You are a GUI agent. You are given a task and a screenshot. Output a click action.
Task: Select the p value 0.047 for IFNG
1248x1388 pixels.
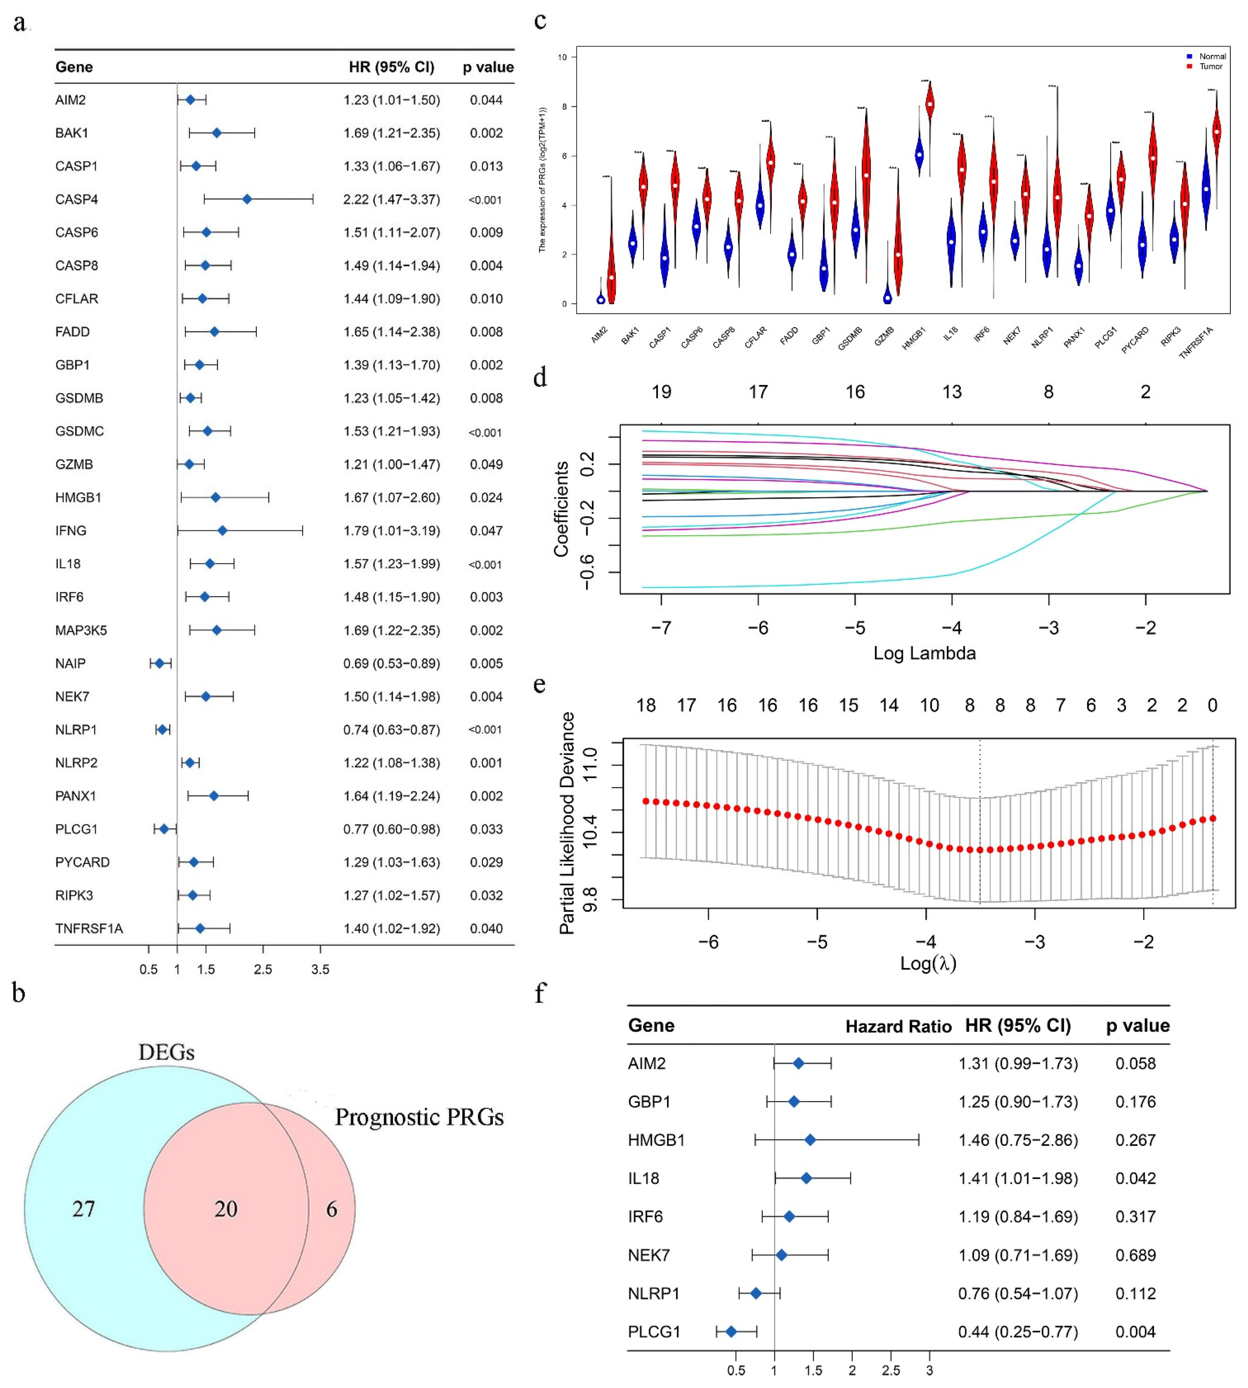(x=486, y=531)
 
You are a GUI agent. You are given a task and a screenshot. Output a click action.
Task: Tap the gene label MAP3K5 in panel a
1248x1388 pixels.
(x=81, y=630)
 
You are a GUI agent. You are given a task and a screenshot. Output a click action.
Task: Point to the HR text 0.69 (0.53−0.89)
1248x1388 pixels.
(x=392, y=663)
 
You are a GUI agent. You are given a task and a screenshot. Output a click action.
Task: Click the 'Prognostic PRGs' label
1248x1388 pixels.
(x=419, y=1117)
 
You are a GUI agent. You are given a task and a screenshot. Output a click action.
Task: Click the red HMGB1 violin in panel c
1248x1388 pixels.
(x=930, y=103)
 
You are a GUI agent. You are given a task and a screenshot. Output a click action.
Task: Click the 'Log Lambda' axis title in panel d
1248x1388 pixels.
(x=924, y=653)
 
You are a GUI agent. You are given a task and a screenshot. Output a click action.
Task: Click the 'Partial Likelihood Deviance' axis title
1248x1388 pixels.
(x=567, y=823)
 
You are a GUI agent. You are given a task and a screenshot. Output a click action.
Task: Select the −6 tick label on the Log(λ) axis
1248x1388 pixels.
(x=708, y=942)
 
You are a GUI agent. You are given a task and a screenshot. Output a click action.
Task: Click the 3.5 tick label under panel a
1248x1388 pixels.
(x=320, y=970)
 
